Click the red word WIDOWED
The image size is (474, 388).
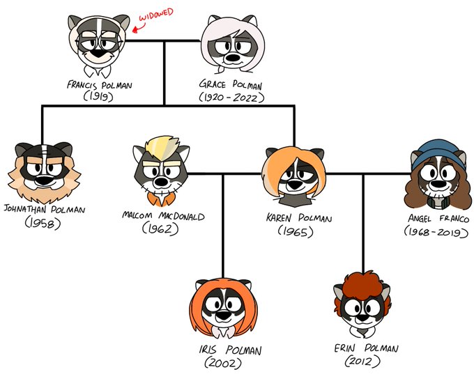[156, 15]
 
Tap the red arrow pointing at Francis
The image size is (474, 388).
[139, 26]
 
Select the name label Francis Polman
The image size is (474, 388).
[100, 85]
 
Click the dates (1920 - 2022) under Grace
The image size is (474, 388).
[231, 98]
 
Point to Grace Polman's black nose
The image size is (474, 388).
[233, 57]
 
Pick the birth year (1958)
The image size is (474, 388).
[43, 224]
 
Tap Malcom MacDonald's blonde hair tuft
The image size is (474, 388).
[162, 147]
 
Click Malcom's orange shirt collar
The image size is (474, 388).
[162, 199]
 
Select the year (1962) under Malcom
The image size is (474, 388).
[160, 228]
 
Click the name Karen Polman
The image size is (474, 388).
[298, 218]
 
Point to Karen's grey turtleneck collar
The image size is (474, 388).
[295, 201]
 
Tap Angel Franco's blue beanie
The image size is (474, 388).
[438, 153]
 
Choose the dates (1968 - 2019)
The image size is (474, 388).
[436, 232]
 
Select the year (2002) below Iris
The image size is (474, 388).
[223, 363]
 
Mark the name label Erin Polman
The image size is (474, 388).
[366, 348]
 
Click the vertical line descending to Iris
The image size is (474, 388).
[223, 226]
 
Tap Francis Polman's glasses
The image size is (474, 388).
[100, 43]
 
